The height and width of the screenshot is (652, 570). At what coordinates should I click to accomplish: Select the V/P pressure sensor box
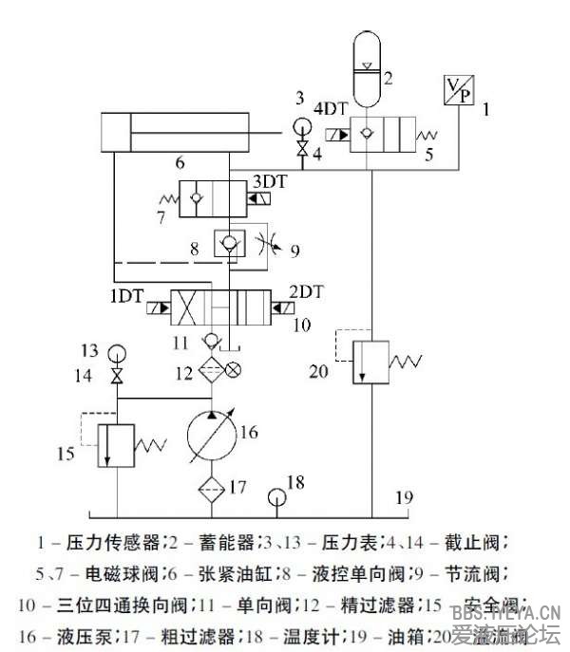(x=459, y=89)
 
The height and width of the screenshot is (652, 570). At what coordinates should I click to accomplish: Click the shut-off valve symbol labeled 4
(x=302, y=149)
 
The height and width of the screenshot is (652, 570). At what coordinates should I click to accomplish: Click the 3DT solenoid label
(x=270, y=180)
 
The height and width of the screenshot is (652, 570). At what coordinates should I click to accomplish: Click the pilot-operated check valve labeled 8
(x=228, y=245)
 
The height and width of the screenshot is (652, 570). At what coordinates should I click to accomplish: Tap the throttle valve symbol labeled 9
(x=269, y=246)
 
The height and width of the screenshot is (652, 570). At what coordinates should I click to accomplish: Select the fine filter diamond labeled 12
(x=210, y=370)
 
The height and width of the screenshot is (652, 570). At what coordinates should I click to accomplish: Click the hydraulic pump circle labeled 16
(x=211, y=437)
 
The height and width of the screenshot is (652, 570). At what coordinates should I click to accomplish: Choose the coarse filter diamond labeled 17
(x=211, y=490)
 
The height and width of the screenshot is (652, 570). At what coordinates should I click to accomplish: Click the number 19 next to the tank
(x=406, y=496)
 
